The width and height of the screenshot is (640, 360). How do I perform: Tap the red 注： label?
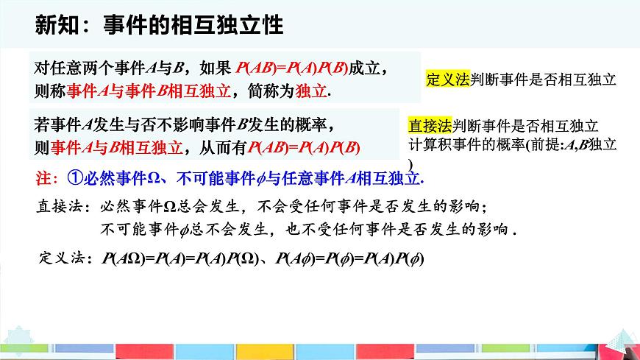click(x=46, y=178)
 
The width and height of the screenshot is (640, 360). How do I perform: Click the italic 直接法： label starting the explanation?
click(x=63, y=208)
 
